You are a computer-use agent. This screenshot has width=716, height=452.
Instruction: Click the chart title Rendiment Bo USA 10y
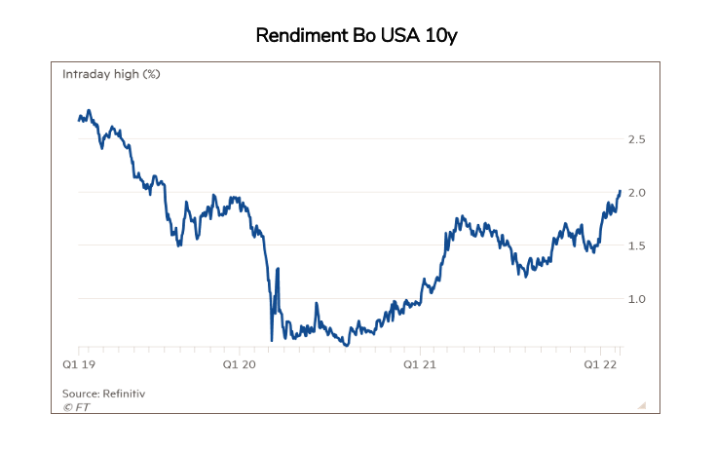[357, 36]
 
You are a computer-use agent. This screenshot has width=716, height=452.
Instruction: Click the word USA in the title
[399, 35]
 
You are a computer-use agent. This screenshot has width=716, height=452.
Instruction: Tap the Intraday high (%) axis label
[111, 74]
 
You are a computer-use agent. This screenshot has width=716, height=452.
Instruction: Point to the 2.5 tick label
[636, 139]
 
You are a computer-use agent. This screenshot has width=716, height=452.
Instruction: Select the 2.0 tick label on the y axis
[636, 193]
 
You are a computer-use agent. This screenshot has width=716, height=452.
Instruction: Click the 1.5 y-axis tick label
[636, 246]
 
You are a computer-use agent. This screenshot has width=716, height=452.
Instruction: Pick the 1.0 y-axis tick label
[636, 299]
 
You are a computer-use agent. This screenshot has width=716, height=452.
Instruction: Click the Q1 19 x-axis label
[79, 364]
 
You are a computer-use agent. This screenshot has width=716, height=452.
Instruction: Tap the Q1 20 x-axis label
[240, 364]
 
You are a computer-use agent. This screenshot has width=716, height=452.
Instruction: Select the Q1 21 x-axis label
[420, 364]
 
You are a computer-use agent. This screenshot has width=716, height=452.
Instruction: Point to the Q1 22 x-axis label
[600, 364]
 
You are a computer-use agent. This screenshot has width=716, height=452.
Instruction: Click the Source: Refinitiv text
[103, 394]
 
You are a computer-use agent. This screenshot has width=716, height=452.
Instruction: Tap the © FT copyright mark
[76, 407]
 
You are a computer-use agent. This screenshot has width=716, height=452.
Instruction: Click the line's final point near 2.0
[621, 191]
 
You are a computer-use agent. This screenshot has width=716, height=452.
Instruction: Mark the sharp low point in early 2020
[272, 340]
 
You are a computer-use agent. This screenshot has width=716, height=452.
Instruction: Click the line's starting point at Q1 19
[79, 120]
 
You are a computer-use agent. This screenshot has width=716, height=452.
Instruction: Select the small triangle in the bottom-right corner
[643, 405]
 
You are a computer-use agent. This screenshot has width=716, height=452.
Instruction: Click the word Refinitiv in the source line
[124, 394]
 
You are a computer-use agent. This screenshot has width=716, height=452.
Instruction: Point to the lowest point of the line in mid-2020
[347, 345]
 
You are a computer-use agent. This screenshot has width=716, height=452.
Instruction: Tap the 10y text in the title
[440, 36]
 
